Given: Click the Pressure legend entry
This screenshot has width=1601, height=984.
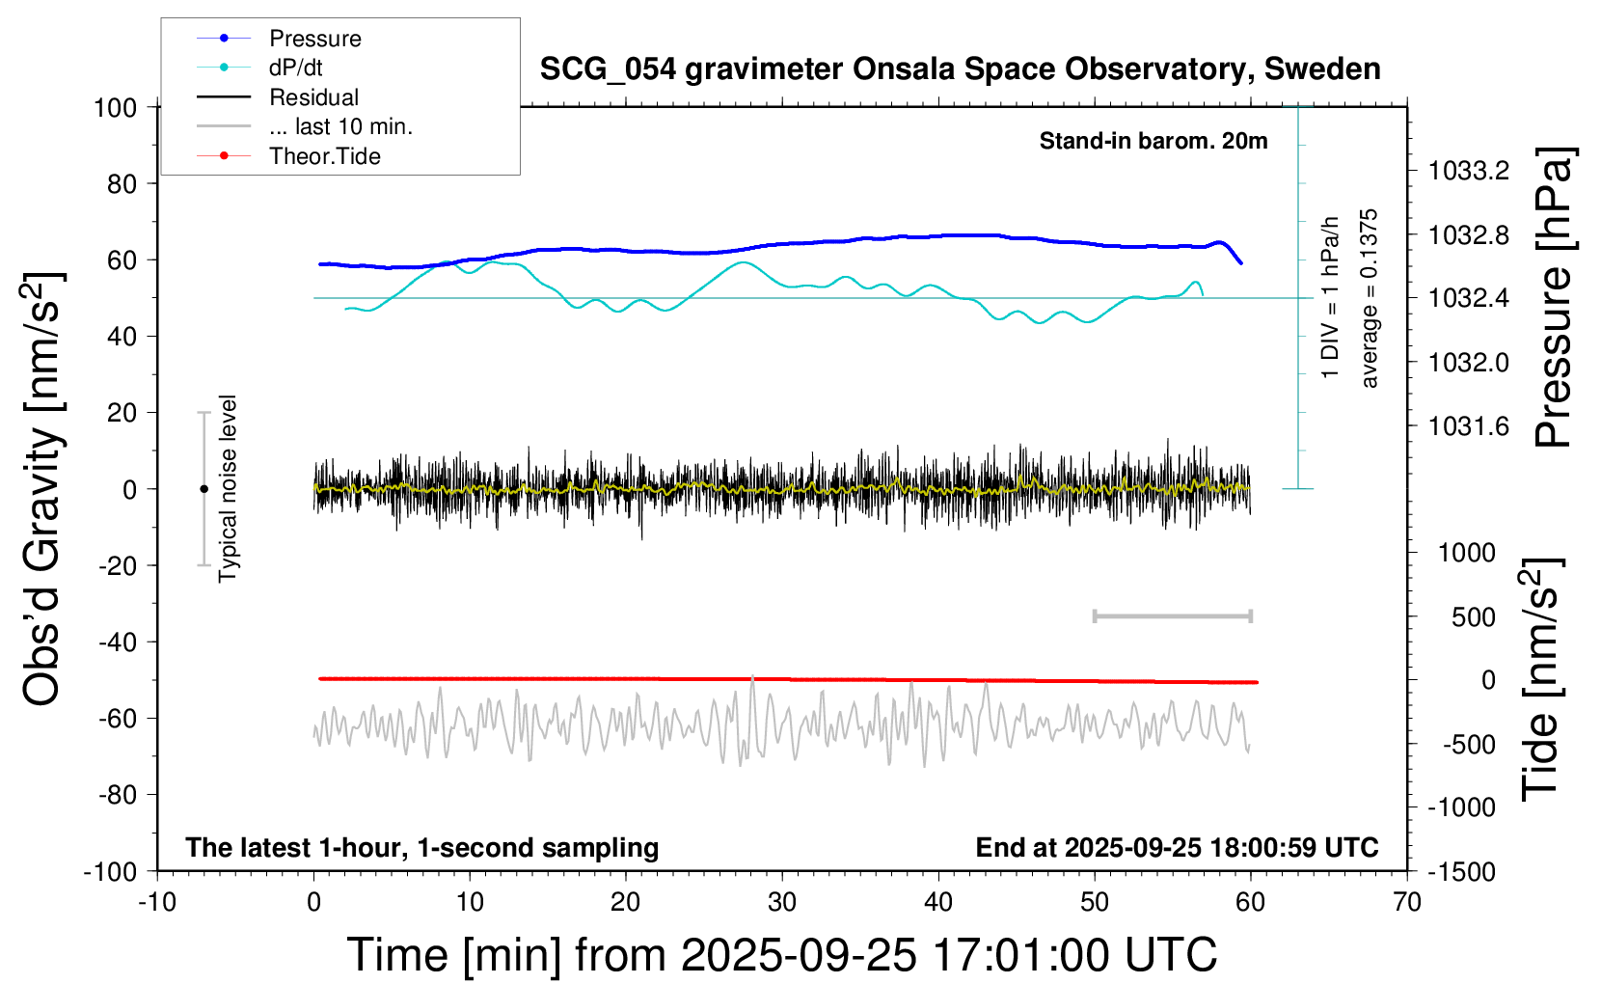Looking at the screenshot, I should click(x=314, y=39).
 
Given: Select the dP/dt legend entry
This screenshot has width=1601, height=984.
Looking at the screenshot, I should click(x=295, y=68).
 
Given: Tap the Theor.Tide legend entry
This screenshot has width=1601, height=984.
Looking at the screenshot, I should click(x=324, y=156).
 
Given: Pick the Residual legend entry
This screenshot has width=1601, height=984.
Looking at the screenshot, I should click(x=313, y=97).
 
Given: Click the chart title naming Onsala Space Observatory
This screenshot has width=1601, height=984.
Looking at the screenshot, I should click(x=960, y=69).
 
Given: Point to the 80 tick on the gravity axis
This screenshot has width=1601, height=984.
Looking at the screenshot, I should click(x=122, y=183).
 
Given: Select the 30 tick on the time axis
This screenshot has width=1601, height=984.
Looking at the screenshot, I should click(x=782, y=903).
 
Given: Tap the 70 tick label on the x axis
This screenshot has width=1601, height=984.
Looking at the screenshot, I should click(x=1407, y=903).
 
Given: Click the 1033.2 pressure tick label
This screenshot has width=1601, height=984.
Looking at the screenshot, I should click(x=1469, y=172).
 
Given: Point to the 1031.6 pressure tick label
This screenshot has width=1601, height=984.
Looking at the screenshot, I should click(x=1469, y=426).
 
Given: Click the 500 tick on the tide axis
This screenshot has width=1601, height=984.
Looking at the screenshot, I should click(x=1474, y=617).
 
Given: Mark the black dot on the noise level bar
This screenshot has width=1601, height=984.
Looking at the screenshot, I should click(x=204, y=489).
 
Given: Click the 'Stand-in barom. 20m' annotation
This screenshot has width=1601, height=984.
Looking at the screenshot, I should click(x=1153, y=141).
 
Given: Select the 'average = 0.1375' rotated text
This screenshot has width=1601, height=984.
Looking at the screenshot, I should click(x=1370, y=299).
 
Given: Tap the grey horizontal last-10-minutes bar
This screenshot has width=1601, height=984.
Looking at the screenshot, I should click(x=1172, y=616).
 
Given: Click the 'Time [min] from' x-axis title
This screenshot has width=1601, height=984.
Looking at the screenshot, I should click(x=781, y=955).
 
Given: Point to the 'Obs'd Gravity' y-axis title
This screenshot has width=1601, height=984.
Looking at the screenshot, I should click(x=43, y=489).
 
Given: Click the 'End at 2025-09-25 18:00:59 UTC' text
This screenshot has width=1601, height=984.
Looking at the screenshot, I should click(x=1177, y=848).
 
